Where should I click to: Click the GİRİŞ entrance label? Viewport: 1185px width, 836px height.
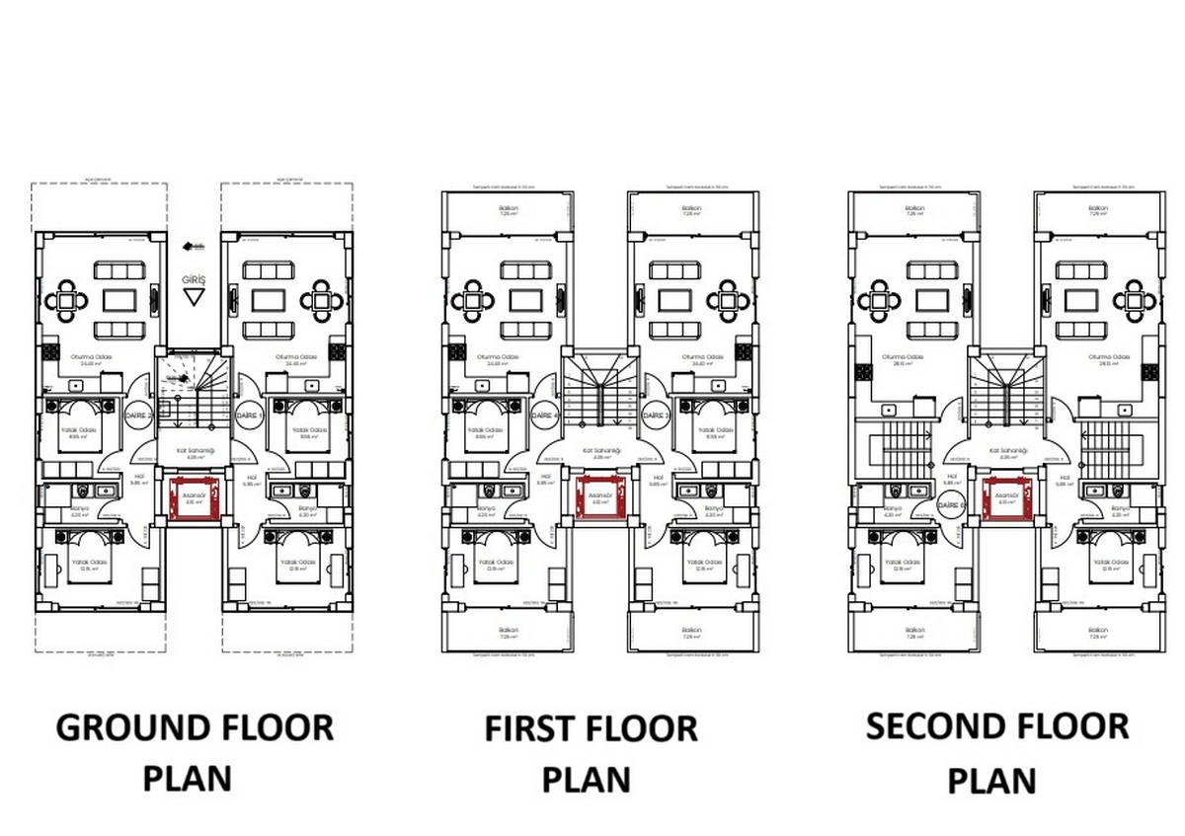pos(195,279)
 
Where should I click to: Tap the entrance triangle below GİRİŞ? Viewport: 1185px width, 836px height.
pos(195,296)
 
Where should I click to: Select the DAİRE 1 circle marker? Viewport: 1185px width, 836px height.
pos(248,417)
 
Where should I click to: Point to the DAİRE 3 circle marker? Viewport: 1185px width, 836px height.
pos(655,416)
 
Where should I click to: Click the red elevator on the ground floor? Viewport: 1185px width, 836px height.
pos(194,497)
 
